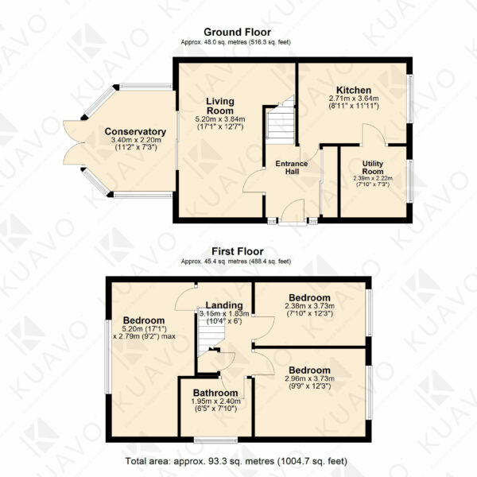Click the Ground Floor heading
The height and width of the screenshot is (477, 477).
click(x=237, y=32)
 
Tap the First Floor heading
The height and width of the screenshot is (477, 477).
click(x=237, y=251)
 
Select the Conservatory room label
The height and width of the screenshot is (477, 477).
click(x=135, y=131)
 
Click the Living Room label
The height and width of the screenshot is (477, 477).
click(x=220, y=106)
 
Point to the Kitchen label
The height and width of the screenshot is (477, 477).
click(x=354, y=90)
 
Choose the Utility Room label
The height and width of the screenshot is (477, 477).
click(x=373, y=167)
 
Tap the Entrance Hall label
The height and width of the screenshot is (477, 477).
click(x=292, y=167)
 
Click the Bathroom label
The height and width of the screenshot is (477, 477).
click(x=215, y=393)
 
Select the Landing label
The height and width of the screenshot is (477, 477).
click(x=224, y=304)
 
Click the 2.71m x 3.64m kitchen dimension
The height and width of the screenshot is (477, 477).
click(x=354, y=99)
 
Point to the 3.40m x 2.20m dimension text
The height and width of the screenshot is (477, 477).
click(x=136, y=140)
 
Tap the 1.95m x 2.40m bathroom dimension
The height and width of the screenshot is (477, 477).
click(x=215, y=401)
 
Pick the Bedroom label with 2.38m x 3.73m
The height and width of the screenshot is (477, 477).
click(x=309, y=297)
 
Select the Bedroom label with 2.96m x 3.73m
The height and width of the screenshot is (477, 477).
click(x=309, y=370)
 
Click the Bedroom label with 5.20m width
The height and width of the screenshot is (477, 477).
click(x=144, y=320)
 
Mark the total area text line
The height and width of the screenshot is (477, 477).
click(x=236, y=461)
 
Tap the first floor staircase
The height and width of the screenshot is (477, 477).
click(x=211, y=333)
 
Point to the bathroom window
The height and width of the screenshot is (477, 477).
click(x=215, y=440)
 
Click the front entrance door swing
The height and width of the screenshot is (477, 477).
click(x=293, y=211)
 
